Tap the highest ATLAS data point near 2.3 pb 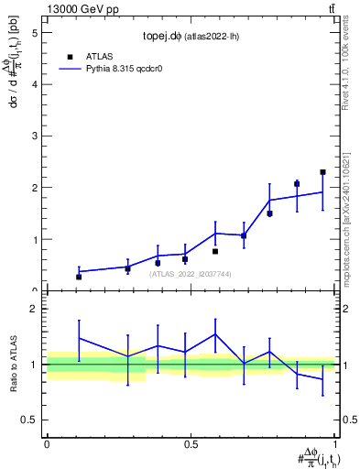tap(322, 172)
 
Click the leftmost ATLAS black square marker tap(79, 277)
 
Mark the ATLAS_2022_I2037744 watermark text tap(191, 273)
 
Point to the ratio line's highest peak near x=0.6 tap(215, 334)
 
